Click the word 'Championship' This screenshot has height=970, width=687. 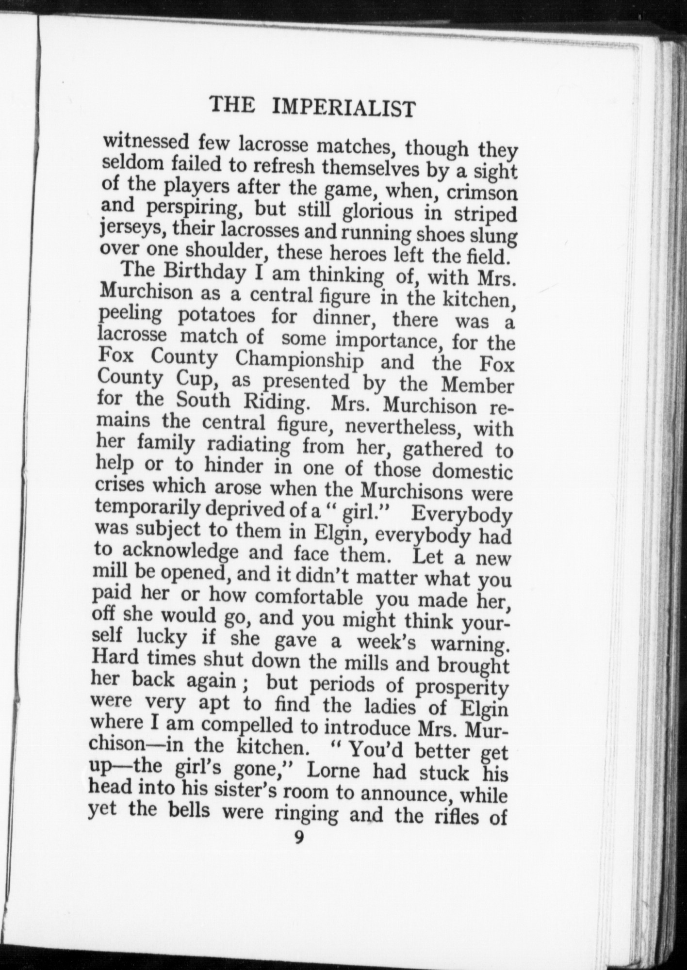(x=299, y=360)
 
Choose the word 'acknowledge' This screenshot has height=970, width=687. (x=179, y=551)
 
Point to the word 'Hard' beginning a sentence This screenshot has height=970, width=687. (x=115, y=658)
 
